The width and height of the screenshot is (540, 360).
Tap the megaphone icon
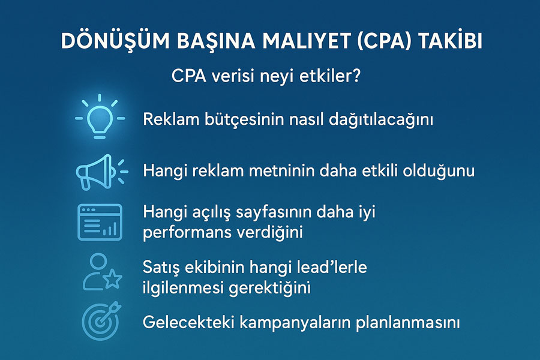tap(101, 172)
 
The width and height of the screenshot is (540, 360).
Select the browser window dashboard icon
tap(100, 222)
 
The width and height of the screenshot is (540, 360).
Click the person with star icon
tap(102, 272)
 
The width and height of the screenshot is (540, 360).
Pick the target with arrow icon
tap(101, 320)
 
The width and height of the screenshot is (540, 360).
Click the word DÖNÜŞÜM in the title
tap(115, 40)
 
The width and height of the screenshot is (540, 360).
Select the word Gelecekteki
tap(188, 322)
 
